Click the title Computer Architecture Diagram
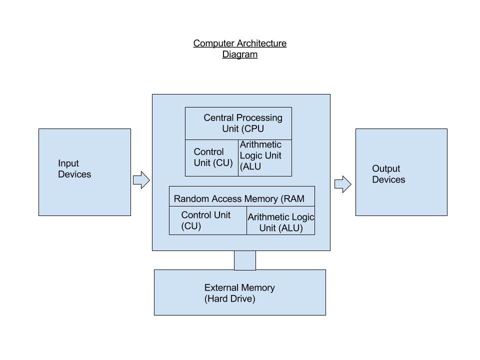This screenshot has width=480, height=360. pyautogui.click(x=240, y=49)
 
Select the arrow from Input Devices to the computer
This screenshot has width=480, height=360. pyautogui.click(x=141, y=180)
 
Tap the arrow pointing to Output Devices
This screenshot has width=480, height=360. pyautogui.click(x=342, y=184)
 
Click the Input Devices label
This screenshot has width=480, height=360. pyautogui.click(x=74, y=169)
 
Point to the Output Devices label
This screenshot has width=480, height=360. pyautogui.click(x=388, y=174)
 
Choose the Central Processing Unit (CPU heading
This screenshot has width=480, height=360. pyautogui.click(x=242, y=123)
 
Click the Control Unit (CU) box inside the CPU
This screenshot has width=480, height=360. pyautogui.click(x=212, y=157)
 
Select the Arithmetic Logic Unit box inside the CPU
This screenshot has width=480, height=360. pyautogui.click(x=265, y=157)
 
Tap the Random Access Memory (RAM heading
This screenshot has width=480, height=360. pyautogui.click(x=239, y=198)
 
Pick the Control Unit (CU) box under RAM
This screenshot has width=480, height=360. pyautogui.click(x=208, y=220)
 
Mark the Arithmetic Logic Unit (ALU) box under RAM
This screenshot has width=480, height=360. pyautogui.click(x=280, y=222)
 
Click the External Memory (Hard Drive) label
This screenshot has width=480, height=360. pyautogui.click(x=239, y=293)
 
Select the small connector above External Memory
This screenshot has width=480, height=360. pyautogui.click(x=245, y=260)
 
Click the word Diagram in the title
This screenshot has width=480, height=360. pyautogui.click(x=240, y=54)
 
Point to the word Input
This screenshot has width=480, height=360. pyautogui.click(x=68, y=163)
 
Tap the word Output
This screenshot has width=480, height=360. pyautogui.click(x=386, y=169)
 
